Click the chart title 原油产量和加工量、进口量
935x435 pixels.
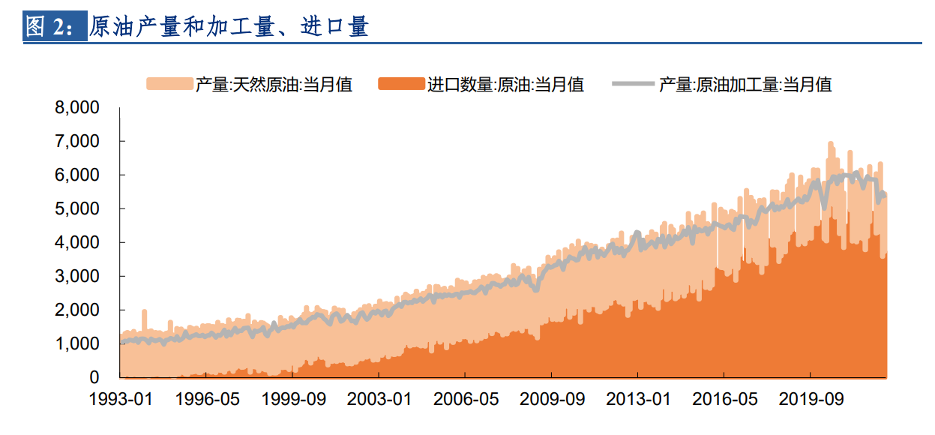(229, 27)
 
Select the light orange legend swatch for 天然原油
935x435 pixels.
(169, 83)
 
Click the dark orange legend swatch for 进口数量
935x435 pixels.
(401, 83)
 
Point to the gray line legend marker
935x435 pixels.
(634, 83)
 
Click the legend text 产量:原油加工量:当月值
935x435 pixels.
(745, 84)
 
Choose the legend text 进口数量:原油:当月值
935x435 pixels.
(505, 84)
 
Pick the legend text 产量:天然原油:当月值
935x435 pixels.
(274, 84)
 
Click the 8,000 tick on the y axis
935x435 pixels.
(77, 108)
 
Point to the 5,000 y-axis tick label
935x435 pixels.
(77, 208)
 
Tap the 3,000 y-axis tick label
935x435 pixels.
(77, 276)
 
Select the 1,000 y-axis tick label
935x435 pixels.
(77, 343)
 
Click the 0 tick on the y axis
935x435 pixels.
(94, 377)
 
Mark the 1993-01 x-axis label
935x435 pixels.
(120, 399)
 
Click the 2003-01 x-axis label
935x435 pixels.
(379, 399)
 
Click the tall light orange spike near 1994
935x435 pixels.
(144, 319)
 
